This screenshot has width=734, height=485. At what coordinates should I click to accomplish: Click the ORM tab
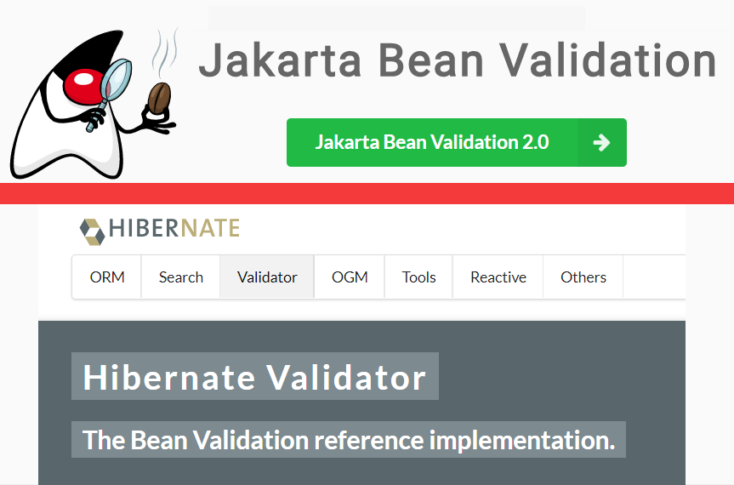[107, 277]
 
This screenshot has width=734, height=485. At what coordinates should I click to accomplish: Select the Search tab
[181, 277]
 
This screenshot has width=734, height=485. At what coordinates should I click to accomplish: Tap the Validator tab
[267, 277]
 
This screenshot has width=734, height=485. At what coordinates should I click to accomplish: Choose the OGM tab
[349, 277]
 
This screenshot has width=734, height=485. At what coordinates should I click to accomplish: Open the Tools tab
[418, 277]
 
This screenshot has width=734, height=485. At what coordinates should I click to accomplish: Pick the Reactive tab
[498, 277]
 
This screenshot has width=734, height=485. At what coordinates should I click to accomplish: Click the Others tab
[583, 277]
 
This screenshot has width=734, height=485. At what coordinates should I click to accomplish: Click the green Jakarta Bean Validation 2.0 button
[432, 142]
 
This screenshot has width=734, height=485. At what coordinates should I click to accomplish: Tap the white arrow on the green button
[601, 142]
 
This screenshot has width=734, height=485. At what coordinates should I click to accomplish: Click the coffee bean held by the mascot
[159, 99]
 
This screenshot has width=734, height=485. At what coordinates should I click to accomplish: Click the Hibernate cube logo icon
[91, 229]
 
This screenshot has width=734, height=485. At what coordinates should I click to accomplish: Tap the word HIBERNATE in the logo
[174, 229]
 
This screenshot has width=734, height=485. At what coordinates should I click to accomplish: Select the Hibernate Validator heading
[254, 377]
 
